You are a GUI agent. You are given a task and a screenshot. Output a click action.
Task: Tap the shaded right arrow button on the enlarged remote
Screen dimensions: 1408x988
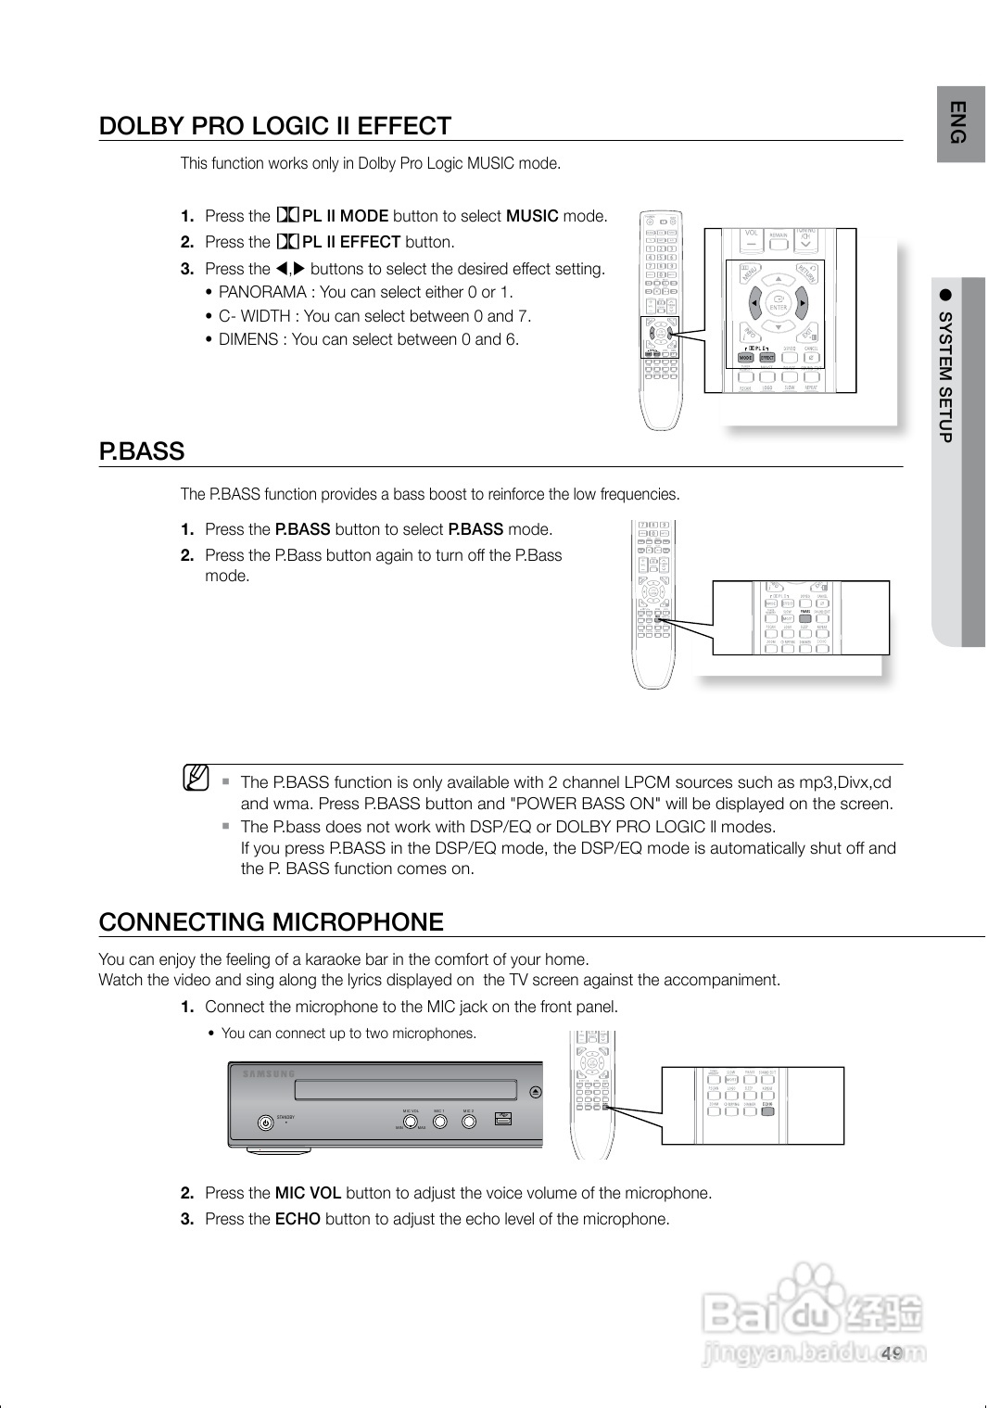pyautogui.click(x=802, y=302)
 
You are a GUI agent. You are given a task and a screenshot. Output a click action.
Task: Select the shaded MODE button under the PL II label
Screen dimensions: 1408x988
pyautogui.click(x=746, y=357)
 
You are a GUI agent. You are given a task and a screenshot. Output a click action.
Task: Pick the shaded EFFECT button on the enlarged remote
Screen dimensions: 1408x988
pyautogui.click(x=767, y=357)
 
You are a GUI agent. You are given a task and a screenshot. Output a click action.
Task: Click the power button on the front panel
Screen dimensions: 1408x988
pyautogui.click(x=265, y=1123)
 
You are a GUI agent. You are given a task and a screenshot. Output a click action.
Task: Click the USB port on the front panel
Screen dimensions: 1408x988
pyautogui.click(x=503, y=1120)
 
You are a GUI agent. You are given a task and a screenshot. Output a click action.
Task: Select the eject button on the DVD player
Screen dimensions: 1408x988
pyautogui.click(x=536, y=1091)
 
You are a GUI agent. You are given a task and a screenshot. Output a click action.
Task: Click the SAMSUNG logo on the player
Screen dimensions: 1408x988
pyautogui.click(x=269, y=1074)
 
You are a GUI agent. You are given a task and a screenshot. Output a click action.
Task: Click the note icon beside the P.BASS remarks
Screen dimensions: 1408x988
pyautogui.click(x=196, y=776)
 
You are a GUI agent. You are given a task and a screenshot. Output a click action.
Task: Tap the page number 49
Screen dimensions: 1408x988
pyautogui.click(x=892, y=1353)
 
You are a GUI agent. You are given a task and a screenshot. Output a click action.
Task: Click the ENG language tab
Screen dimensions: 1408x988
pyautogui.click(x=960, y=122)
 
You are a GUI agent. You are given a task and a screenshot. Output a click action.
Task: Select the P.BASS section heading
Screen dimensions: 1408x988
pyautogui.click(x=142, y=451)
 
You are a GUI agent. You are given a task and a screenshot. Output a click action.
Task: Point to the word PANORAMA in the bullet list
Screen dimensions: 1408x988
pyautogui.click(x=262, y=293)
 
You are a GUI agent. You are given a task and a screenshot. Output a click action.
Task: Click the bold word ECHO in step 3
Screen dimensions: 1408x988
pyautogui.click(x=298, y=1219)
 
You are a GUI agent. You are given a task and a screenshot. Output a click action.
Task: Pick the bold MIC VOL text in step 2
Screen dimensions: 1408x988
pyautogui.click(x=308, y=1193)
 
